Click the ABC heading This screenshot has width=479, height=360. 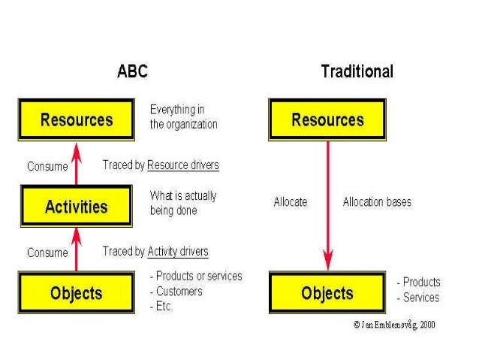tap(132, 72)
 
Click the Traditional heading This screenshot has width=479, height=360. tap(357, 72)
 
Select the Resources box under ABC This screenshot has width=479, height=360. tap(77, 120)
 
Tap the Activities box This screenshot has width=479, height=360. tap(77, 207)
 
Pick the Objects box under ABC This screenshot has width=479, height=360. tap(77, 293)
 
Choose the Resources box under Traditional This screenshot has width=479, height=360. tap(327, 120)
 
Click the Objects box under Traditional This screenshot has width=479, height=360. tap(327, 293)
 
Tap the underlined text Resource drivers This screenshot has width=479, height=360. tap(183, 165)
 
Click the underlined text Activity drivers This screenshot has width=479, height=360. tap(178, 251)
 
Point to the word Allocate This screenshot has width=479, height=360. tap(290, 202)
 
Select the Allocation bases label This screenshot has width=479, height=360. tap(377, 202)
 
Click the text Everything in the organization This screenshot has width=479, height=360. tap(183, 117)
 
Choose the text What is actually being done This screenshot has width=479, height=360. tap(182, 203)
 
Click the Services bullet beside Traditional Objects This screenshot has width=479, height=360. tap(418, 298)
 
